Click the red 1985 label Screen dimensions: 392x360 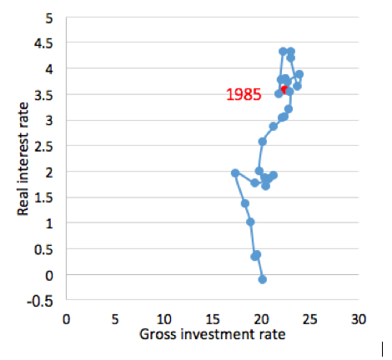[244, 94]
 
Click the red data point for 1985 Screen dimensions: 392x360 [284, 90]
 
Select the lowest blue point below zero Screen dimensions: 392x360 [263, 280]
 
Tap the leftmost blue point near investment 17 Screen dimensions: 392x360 [235, 173]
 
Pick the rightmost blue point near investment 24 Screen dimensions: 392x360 [299, 74]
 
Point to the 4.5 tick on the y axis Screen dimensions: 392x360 [43, 43]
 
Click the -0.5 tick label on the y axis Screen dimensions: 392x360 [40, 302]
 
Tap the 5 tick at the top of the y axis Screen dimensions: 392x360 [49, 19]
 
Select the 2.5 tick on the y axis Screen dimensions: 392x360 [43, 147]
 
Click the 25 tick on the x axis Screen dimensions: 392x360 [309, 320]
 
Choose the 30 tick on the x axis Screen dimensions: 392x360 [359, 320]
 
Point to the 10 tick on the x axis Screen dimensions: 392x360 [163, 320]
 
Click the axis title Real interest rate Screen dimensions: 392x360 [23, 159]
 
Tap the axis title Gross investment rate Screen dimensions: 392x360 [213, 334]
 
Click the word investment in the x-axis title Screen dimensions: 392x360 [218, 334]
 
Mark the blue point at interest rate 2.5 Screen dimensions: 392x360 [262, 142]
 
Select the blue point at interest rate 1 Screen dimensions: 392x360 [250, 222]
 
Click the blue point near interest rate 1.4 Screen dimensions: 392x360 [245, 203]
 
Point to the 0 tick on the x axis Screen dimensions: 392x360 [66, 320]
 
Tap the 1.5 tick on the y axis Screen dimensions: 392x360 [43, 198]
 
